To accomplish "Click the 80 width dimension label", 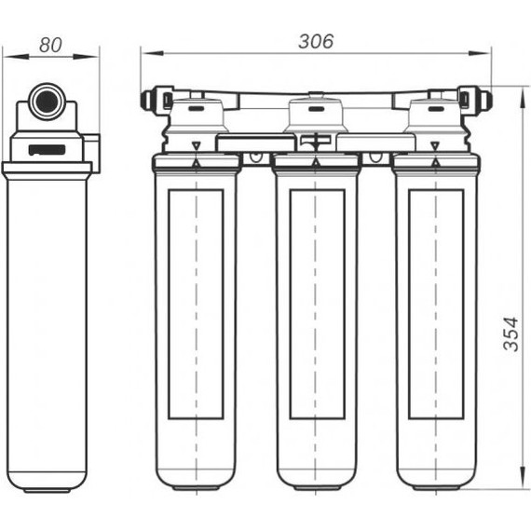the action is [50, 45].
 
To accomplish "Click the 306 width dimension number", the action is [316, 41].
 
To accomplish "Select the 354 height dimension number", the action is [511, 334].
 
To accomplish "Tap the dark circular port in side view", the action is [48, 102].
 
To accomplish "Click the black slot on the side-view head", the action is [47, 149].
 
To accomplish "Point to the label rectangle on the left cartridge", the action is [196, 304].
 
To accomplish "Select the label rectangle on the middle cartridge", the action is [317, 304].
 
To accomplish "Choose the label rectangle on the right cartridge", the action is [436, 304].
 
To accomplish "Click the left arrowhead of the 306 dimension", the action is [152, 53].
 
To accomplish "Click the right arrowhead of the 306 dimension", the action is [479, 53].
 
